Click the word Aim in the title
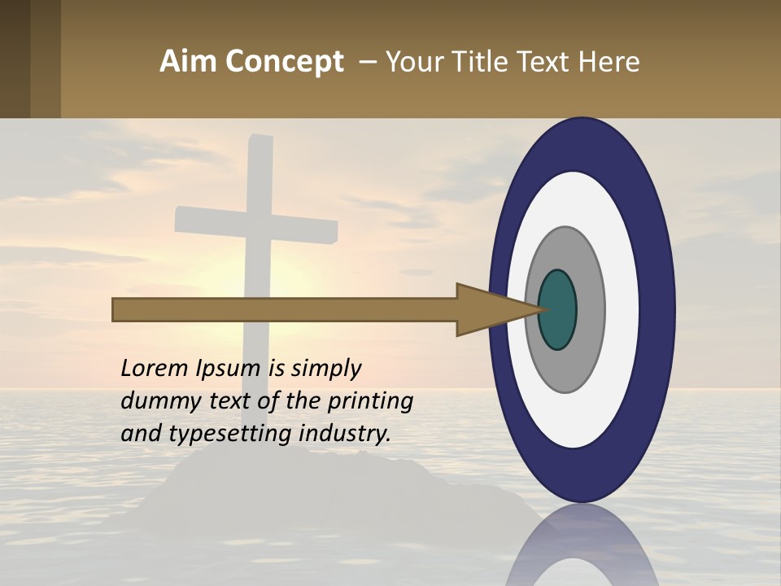[189, 62]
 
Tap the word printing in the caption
[370, 402]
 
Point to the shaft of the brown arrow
[285, 310]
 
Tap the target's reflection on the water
[582, 545]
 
